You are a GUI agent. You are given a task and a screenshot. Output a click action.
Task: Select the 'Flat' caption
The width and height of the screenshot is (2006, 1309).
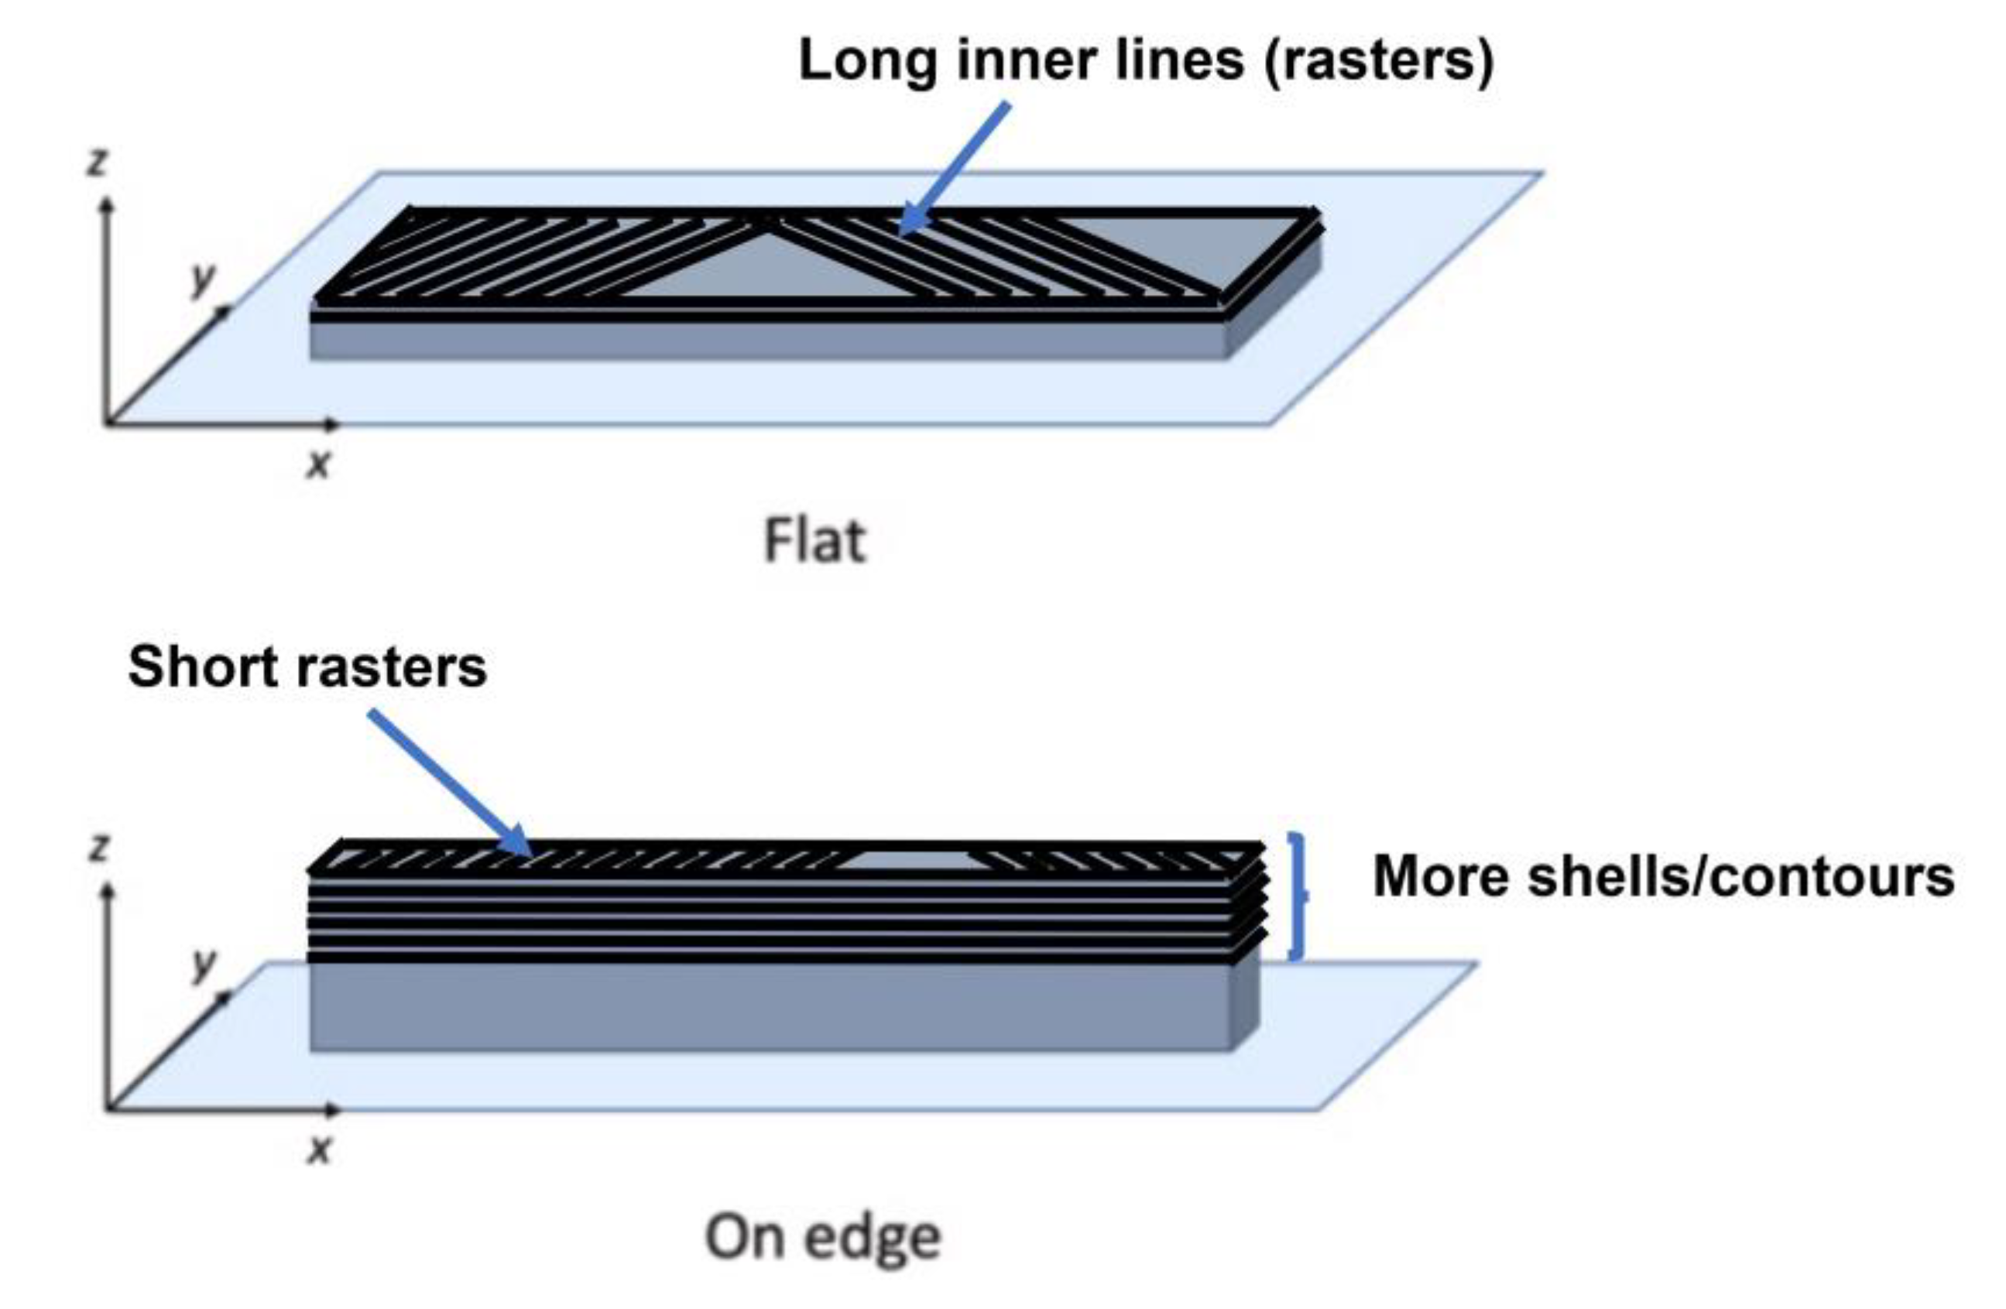pyautogui.click(x=814, y=540)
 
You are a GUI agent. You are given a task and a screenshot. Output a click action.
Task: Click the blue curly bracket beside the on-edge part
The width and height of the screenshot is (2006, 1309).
pyautogui.click(x=1298, y=897)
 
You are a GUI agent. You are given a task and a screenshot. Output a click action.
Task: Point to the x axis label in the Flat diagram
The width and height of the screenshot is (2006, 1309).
pyautogui.click(x=317, y=464)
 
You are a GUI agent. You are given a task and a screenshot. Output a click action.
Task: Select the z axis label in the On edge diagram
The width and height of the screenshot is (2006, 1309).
pyautogui.click(x=99, y=848)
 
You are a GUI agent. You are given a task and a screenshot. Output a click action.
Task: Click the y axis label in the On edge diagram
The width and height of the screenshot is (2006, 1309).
pyautogui.click(x=203, y=965)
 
